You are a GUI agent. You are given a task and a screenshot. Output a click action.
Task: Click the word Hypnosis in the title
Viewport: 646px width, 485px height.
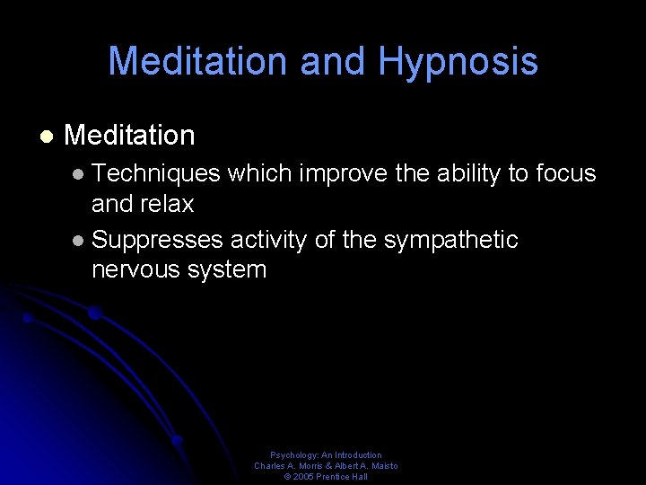click(x=458, y=62)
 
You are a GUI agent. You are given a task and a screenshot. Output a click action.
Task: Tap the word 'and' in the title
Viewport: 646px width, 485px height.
click(x=335, y=62)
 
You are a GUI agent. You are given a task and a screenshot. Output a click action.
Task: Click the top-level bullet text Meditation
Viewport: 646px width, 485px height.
click(x=129, y=136)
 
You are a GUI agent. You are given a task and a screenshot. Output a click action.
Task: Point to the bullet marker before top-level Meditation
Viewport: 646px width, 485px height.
click(x=45, y=137)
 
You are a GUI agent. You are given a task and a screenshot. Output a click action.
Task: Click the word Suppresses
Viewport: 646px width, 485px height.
click(x=158, y=240)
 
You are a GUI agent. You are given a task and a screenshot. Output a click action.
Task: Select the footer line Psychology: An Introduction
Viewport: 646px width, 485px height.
click(x=326, y=455)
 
